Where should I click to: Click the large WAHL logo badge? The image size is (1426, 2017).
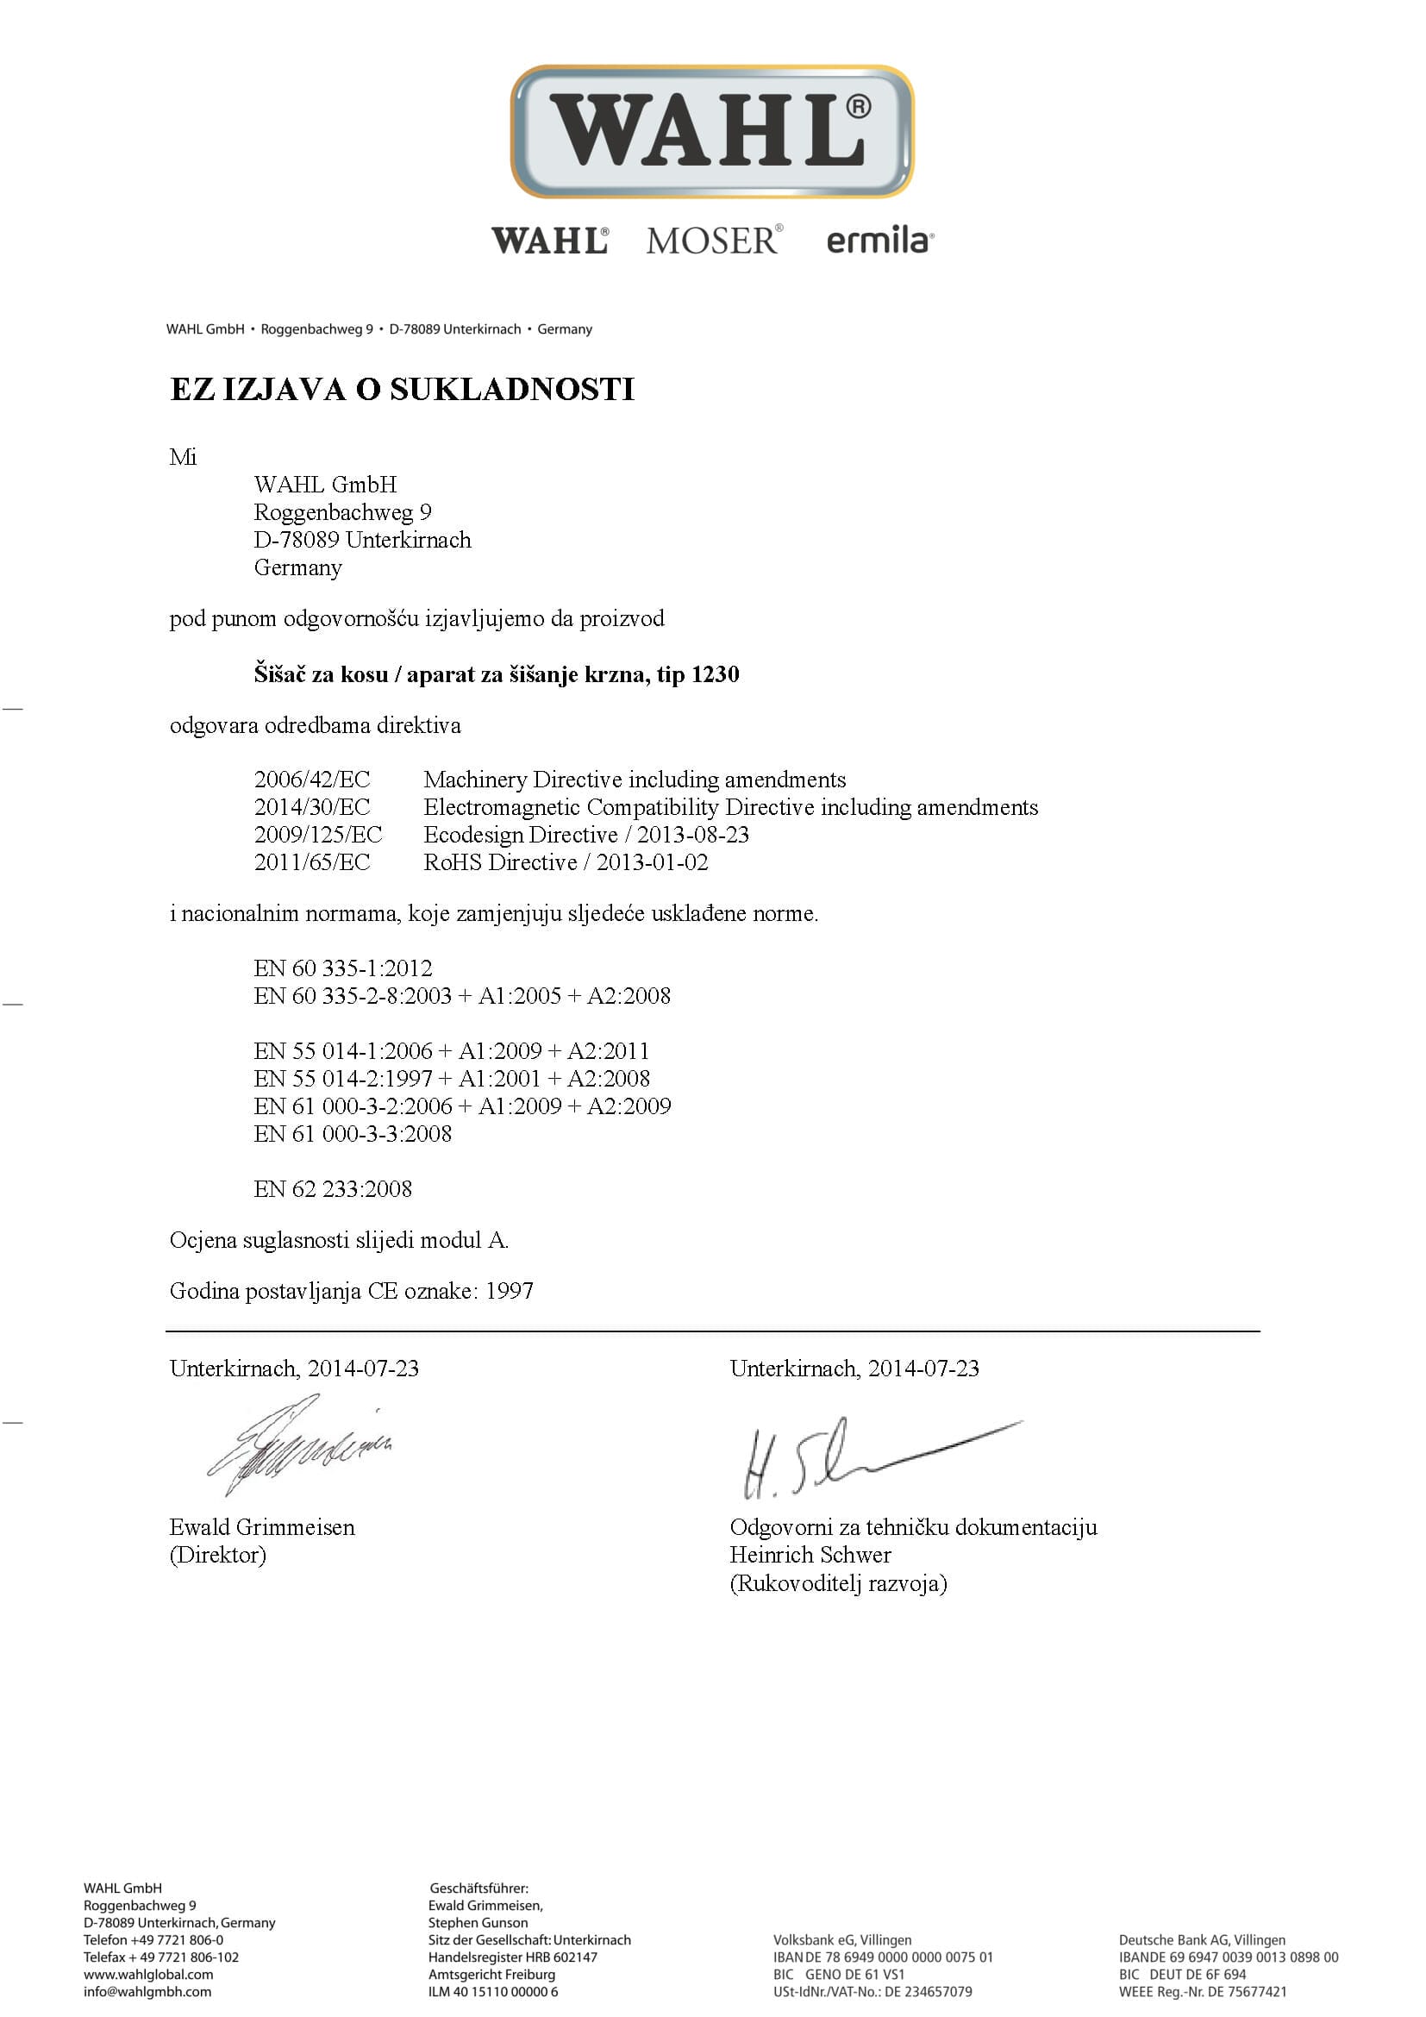pos(712,131)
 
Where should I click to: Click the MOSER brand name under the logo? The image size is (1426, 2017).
pos(712,240)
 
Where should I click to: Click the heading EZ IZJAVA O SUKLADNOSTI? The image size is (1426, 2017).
pos(401,389)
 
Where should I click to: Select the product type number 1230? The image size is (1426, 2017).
pos(715,674)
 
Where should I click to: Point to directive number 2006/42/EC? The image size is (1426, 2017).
pos(312,780)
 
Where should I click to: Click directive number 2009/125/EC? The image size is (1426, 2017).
pos(318,835)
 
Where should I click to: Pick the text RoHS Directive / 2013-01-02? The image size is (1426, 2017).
pos(566,862)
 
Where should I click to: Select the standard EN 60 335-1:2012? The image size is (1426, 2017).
pos(342,968)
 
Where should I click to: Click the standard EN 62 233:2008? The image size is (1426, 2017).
pos(333,1188)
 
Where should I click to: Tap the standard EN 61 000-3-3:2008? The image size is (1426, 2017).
pos(353,1134)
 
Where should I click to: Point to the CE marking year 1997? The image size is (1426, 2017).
pos(510,1291)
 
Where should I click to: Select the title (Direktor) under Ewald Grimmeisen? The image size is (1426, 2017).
pos(217,1555)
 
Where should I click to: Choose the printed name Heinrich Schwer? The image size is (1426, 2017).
pos(810,1555)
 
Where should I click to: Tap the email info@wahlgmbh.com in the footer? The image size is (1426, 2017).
pos(147,1992)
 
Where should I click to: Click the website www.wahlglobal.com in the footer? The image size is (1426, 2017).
pos(148,1975)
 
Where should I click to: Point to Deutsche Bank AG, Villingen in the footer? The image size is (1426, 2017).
pos(1201,1939)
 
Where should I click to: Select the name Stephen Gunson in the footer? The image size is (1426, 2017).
pos(478,1923)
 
